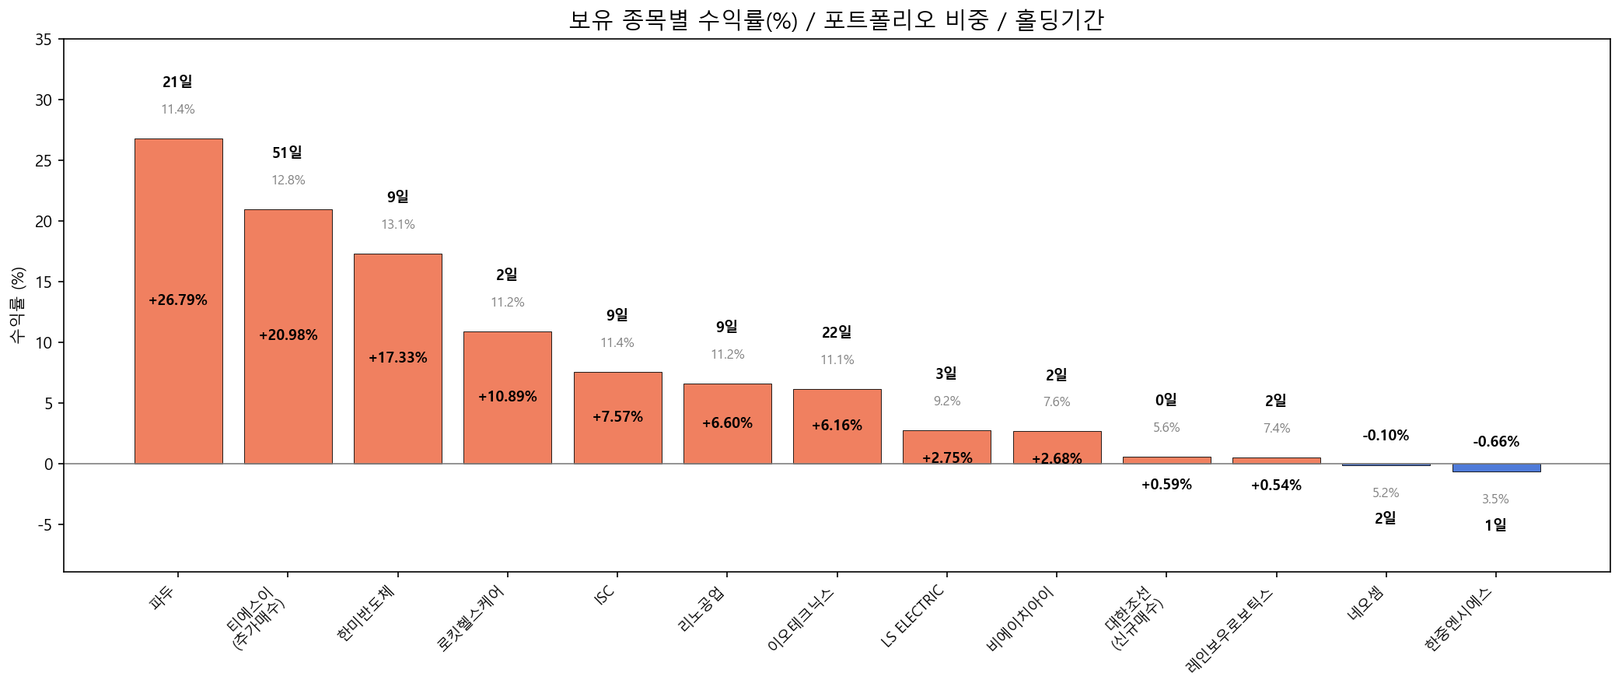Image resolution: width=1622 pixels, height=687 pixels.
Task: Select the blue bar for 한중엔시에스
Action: click(1495, 468)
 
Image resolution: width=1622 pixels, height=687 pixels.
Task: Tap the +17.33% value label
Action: click(397, 358)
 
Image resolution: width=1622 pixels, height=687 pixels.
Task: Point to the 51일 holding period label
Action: click(287, 153)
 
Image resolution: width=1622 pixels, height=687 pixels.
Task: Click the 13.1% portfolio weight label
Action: click(397, 225)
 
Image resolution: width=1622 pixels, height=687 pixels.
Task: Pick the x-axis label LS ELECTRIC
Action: click(913, 615)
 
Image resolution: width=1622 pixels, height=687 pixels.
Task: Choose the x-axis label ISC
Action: click(604, 595)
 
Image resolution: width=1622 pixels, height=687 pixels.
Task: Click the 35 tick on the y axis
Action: click(44, 40)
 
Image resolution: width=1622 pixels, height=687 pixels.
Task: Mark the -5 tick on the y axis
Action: click(44, 525)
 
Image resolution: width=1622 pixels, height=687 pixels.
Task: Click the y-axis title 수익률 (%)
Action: click(18, 305)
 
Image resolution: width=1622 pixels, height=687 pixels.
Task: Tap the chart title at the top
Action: click(836, 20)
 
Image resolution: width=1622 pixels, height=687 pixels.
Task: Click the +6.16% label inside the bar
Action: click(837, 426)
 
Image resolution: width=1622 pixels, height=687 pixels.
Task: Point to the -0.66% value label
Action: click(1495, 442)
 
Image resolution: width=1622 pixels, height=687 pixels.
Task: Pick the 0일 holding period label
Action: click(1166, 401)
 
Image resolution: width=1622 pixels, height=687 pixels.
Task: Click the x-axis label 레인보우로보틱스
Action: click(1229, 630)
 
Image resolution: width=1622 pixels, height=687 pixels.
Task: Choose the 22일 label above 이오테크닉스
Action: click(837, 333)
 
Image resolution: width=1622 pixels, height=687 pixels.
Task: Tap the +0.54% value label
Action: click(1276, 485)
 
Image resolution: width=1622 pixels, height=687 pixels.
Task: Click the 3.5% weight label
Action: click(1494, 499)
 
